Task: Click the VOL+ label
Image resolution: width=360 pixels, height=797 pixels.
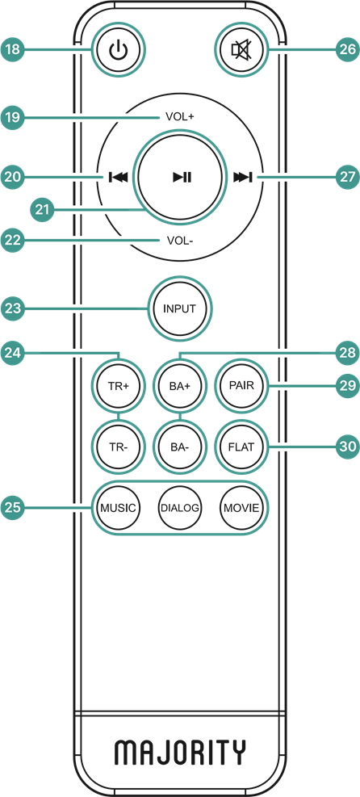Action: coord(180,117)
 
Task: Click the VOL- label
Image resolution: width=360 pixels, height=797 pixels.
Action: coord(180,241)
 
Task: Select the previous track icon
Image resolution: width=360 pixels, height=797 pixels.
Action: coord(118,178)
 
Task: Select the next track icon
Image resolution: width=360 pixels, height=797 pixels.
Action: coord(243,178)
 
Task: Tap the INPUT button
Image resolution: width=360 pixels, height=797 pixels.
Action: coord(180,308)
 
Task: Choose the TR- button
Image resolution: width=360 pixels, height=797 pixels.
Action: coord(119,447)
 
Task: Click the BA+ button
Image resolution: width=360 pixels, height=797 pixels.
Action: coord(180,385)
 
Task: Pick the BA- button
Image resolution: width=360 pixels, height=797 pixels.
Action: coord(180,447)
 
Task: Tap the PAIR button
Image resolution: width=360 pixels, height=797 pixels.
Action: coord(241,385)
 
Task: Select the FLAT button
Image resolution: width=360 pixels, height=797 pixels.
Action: coord(241,447)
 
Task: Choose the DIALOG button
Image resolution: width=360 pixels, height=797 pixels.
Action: coord(180,508)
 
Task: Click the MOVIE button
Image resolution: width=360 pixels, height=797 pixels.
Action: coord(241,508)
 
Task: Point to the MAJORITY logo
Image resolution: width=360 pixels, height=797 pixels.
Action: coord(180,752)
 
